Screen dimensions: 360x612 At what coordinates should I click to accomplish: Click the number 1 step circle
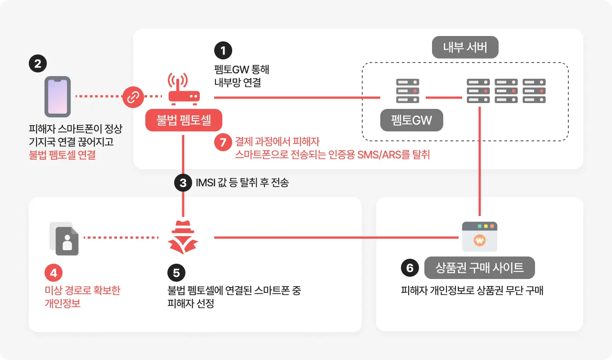(x=223, y=50)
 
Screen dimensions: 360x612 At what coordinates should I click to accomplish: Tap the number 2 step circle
(x=37, y=63)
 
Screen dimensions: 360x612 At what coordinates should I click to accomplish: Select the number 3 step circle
(x=183, y=183)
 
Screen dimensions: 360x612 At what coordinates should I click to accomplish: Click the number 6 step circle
(x=409, y=268)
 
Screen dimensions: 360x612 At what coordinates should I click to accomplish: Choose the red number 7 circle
(x=223, y=142)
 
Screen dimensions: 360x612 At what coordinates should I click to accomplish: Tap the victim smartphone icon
(x=57, y=96)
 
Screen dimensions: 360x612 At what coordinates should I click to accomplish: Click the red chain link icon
(x=133, y=96)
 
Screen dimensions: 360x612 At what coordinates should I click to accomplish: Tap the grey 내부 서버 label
(x=465, y=47)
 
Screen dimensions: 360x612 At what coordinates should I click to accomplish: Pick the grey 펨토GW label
(x=411, y=120)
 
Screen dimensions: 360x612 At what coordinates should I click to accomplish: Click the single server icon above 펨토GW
(x=407, y=91)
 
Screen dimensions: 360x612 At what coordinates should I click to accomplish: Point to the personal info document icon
(x=64, y=238)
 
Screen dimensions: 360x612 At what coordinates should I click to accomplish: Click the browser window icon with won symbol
(x=480, y=237)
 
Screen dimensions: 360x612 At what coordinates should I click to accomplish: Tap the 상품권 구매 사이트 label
(x=479, y=268)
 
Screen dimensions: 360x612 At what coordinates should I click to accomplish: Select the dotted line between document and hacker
(x=121, y=238)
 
